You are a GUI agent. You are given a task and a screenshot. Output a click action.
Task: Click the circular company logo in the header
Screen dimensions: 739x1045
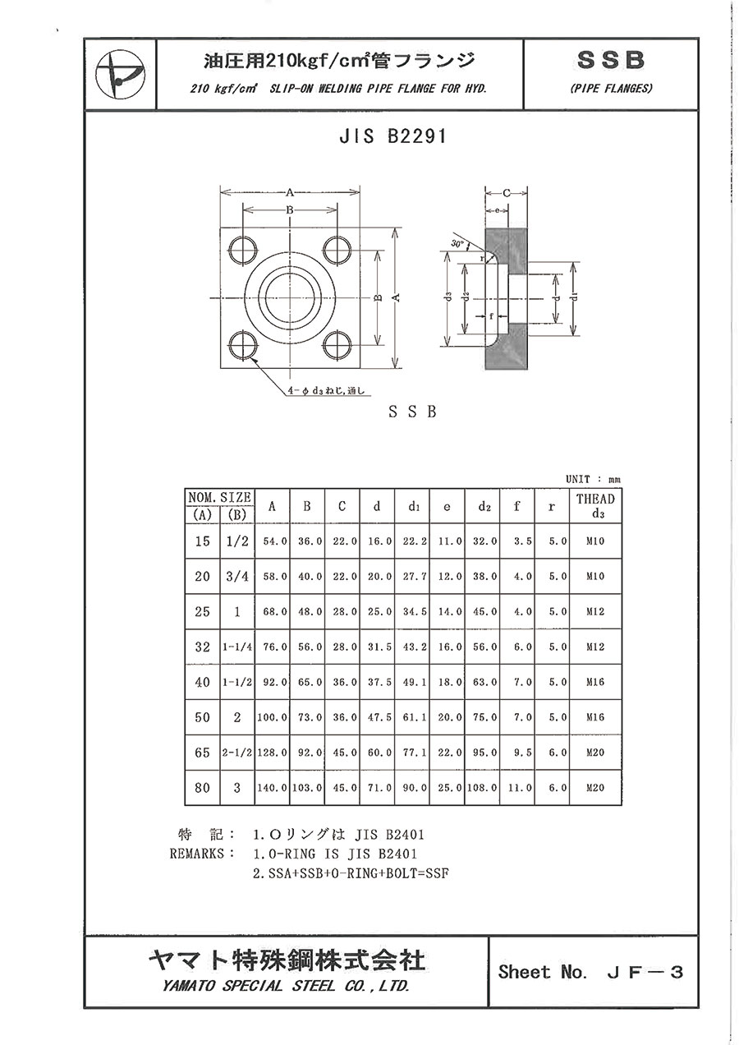pyautogui.click(x=120, y=74)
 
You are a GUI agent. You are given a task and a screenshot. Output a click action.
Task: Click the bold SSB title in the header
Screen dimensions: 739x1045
pyautogui.click(x=611, y=61)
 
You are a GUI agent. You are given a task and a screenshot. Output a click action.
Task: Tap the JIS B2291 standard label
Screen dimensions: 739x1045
pyautogui.click(x=392, y=136)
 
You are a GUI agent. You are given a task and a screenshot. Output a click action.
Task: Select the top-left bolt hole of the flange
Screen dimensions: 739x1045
pyautogui.click(x=243, y=251)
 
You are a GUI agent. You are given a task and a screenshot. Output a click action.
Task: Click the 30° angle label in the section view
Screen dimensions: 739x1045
pyautogui.click(x=458, y=243)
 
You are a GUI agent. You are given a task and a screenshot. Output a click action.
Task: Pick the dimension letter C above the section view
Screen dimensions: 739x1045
pyautogui.click(x=507, y=193)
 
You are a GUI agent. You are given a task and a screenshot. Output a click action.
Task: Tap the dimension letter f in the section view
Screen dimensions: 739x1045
pyautogui.click(x=491, y=316)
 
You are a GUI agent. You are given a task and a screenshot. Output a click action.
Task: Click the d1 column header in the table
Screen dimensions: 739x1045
pyautogui.click(x=413, y=507)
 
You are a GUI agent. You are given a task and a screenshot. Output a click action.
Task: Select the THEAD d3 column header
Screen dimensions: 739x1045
pyautogui.click(x=595, y=506)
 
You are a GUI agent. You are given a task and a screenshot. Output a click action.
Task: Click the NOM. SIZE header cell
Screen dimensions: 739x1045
pyautogui.click(x=219, y=497)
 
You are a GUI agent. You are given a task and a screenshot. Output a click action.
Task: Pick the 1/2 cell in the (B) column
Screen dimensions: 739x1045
pyautogui.click(x=237, y=541)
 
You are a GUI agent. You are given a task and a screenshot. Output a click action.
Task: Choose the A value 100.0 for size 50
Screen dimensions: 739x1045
pyautogui.click(x=273, y=717)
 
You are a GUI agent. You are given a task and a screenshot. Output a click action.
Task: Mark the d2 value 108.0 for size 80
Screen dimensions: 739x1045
pyautogui.click(x=482, y=788)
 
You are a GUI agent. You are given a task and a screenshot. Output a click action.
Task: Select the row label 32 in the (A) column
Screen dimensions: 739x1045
pyautogui.click(x=202, y=647)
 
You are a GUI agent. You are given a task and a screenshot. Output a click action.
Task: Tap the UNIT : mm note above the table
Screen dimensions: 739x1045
pyautogui.click(x=593, y=479)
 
